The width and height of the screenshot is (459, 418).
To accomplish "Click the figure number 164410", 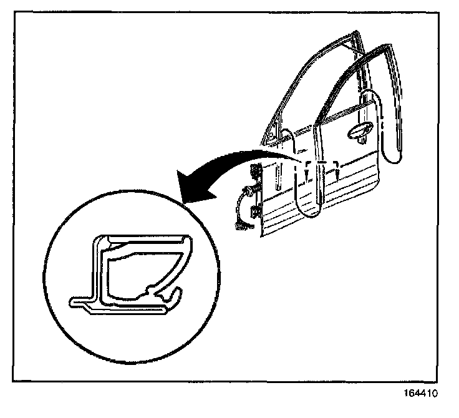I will coord(422,394).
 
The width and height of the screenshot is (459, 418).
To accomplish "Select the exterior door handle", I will coord(360,130).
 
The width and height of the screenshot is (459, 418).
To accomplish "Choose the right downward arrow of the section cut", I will coord(336,169).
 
